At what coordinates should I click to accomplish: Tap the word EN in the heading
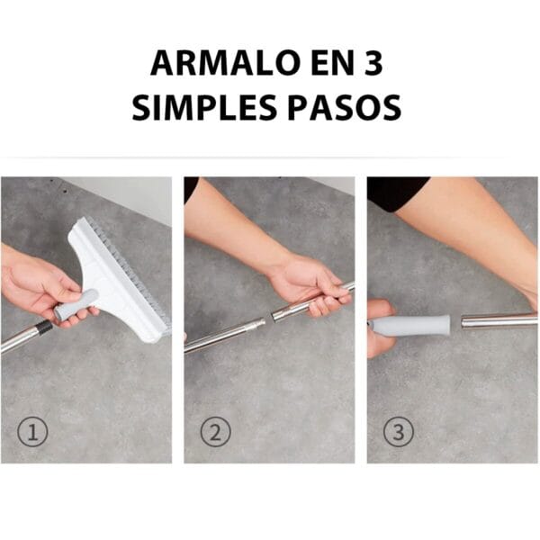click(333, 63)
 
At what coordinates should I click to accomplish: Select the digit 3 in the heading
click(373, 63)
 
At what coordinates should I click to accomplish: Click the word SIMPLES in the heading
click(204, 107)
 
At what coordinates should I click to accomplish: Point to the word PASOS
click(345, 107)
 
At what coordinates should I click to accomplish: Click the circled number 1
click(32, 432)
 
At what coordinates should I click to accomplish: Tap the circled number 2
click(215, 432)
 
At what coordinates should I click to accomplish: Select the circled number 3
click(399, 432)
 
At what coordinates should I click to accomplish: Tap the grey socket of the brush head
click(76, 305)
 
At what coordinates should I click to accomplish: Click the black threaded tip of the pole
click(46, 327)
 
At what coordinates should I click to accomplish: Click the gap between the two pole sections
click(268, 319)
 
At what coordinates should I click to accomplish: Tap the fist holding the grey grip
click(379, 328)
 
